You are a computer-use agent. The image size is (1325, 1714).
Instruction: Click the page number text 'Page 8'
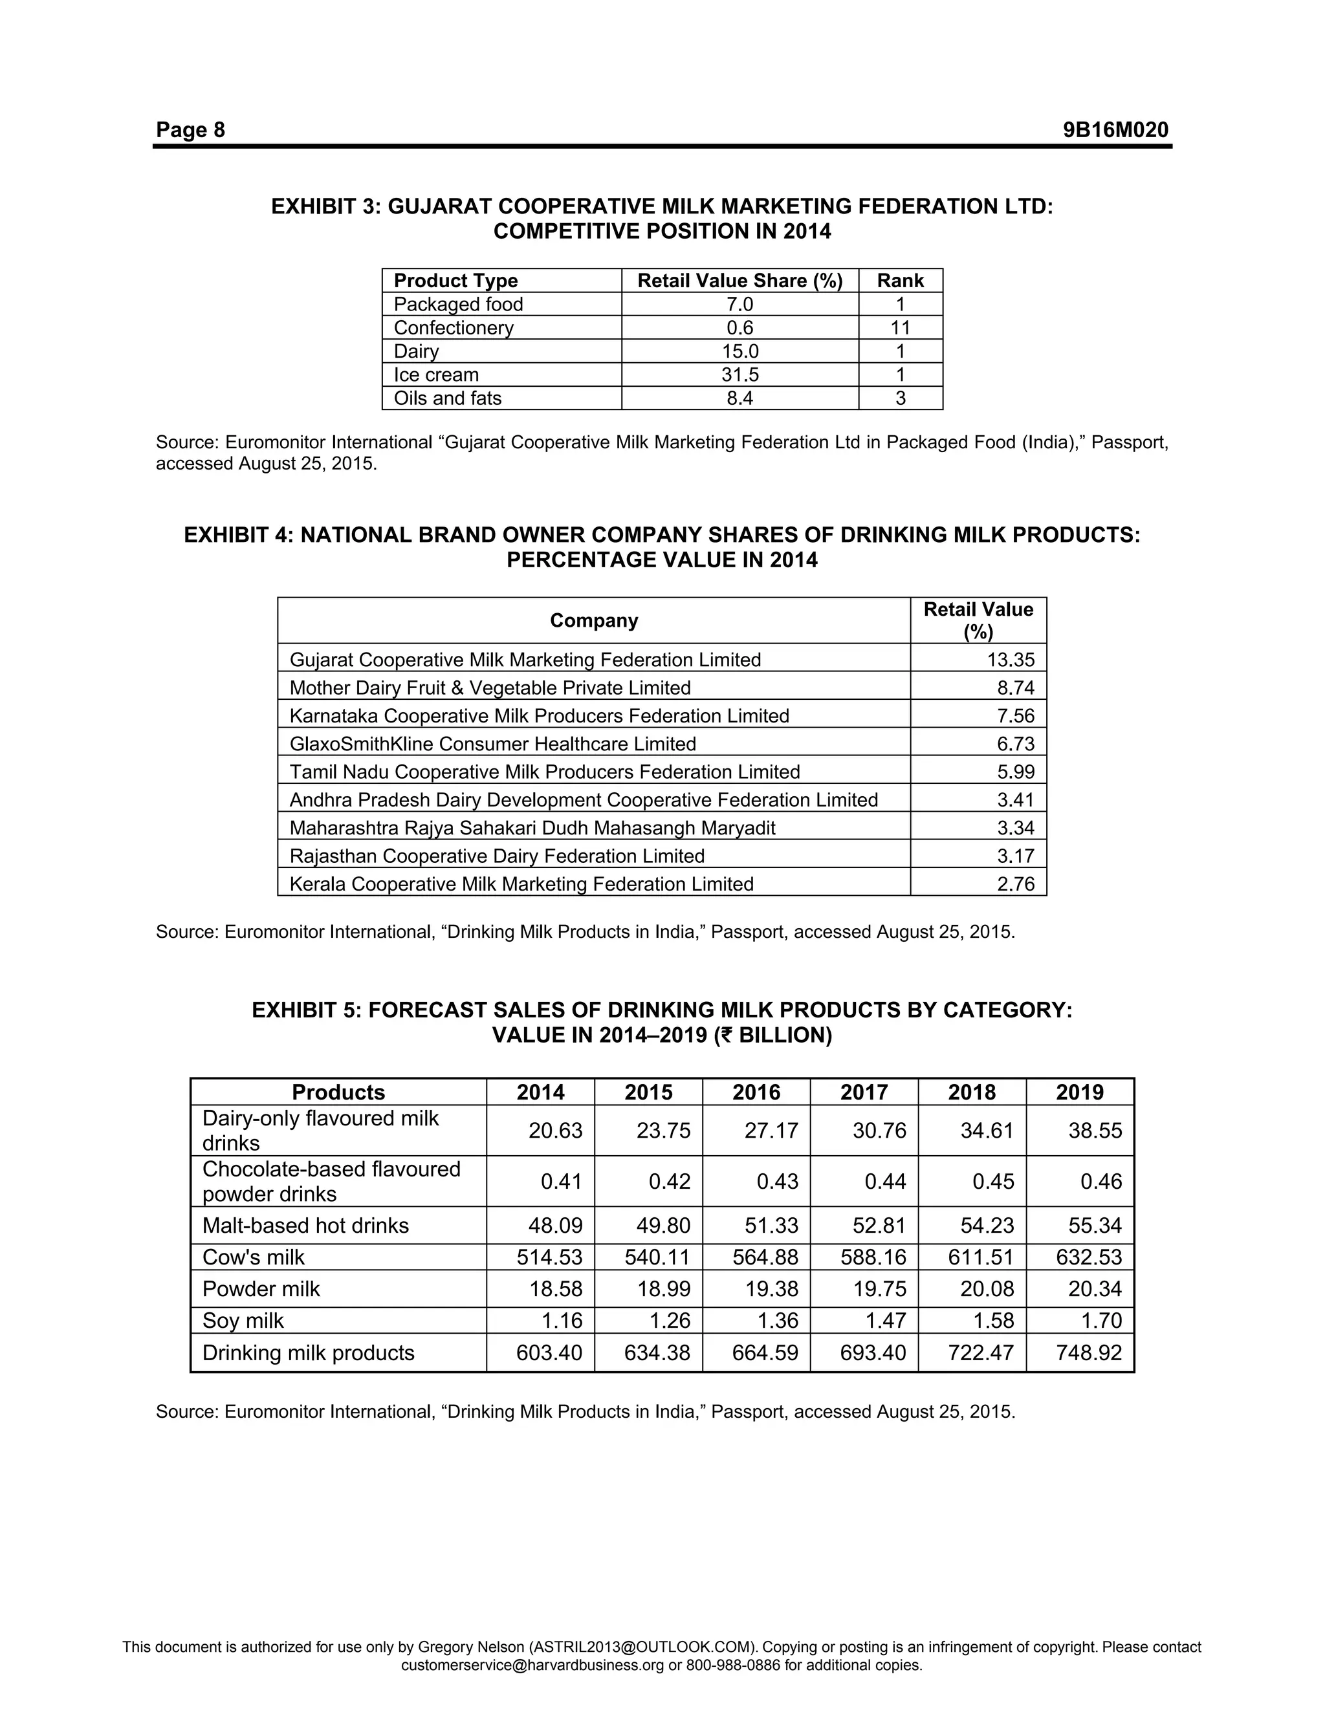point(190,129)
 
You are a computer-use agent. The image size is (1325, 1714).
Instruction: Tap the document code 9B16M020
point(1115,129)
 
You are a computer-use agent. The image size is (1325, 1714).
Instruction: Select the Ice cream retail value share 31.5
point(739,375)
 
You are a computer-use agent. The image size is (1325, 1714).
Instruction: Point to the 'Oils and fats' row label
point(448,398)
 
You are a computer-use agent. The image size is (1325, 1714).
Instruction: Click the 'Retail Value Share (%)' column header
point(739,281)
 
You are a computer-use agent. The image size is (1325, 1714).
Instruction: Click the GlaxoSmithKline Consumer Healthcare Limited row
point(492,744)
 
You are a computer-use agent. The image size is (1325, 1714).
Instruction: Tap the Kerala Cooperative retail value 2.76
point(1016,884)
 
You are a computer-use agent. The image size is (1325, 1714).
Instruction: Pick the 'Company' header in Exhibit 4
point(593,621)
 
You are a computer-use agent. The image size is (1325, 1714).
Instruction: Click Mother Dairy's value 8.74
point(1016,688)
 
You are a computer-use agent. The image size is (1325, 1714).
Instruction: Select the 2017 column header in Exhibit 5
point(864,1092)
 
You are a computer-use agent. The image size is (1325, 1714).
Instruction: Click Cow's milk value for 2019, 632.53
point(1089,1257)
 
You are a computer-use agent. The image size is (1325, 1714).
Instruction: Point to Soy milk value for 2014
point(562,1321)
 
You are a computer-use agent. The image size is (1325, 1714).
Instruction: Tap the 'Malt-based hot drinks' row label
point(305,1226)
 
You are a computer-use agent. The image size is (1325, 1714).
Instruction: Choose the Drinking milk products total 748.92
point(1089,1353)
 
